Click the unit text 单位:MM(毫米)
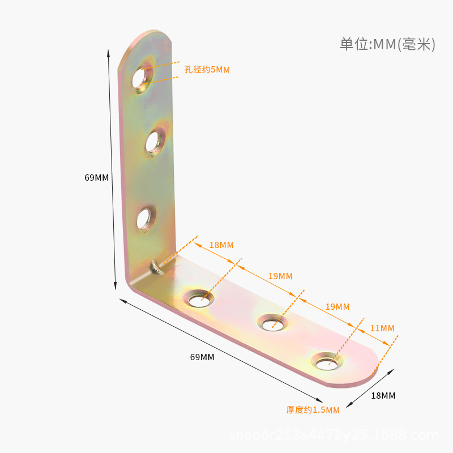coord(387,45)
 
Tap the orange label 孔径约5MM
coord(207,70)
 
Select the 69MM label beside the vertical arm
coord(96,177)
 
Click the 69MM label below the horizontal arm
coord(202,357)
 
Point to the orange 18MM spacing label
coord(221,245)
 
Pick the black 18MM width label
coord(383,395)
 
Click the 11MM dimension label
coord(383,328)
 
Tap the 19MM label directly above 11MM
coord(337,306)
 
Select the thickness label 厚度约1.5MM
coord(313,410)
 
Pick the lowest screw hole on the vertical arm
coord(146,217)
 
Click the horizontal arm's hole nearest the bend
coord(199,299)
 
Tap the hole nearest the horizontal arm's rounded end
coord(327,361)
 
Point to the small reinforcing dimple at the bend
coord(156,266)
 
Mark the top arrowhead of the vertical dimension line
coord(109,53)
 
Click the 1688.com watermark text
coord(334,435)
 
